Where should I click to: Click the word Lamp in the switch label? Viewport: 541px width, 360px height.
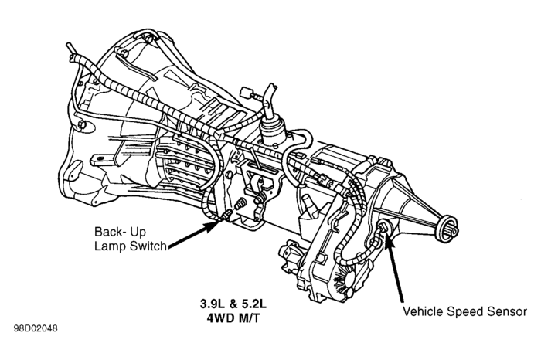coord(111,246)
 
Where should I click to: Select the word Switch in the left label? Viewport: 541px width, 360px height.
coord(148,246)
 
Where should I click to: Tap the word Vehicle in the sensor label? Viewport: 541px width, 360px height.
coord(424,311)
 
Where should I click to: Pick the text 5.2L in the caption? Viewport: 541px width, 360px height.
coord(254,304)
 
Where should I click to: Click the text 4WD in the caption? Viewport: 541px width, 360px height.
coord(220,318)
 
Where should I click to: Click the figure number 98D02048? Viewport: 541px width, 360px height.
coord(36,328)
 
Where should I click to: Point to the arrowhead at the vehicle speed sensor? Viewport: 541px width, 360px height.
coord(388,238)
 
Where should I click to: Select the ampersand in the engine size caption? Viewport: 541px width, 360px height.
coord(233,304)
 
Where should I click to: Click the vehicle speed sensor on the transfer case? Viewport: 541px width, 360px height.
coord(382,228)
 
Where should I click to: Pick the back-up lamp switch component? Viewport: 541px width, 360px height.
coord(226,216)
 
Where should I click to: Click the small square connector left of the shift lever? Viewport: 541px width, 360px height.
coord(246,93)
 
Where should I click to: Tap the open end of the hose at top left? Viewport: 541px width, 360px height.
coord(69,45)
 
